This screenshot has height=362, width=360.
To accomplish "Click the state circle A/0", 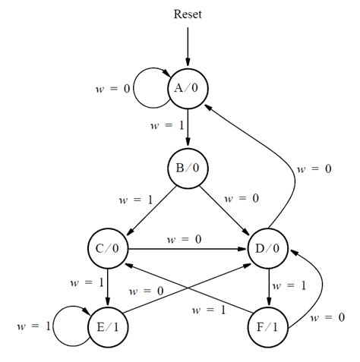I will coord(186,88).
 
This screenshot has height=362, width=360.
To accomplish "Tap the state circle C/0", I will coord(107,249).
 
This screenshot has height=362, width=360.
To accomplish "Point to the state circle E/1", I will coord(107,328).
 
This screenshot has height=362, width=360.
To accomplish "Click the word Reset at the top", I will coord(187,14).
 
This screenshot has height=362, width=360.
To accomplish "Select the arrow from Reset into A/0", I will coord(187,46).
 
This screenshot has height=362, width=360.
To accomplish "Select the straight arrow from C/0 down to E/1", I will coord(107,288).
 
